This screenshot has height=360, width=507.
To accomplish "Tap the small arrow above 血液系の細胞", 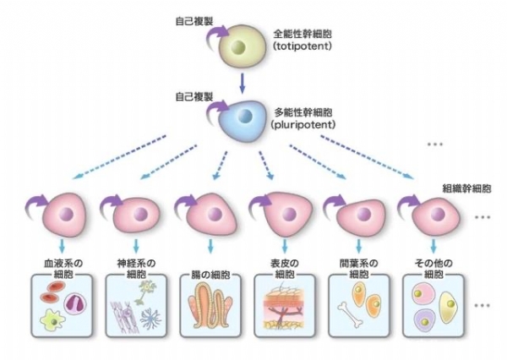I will (x=63, y=247).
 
